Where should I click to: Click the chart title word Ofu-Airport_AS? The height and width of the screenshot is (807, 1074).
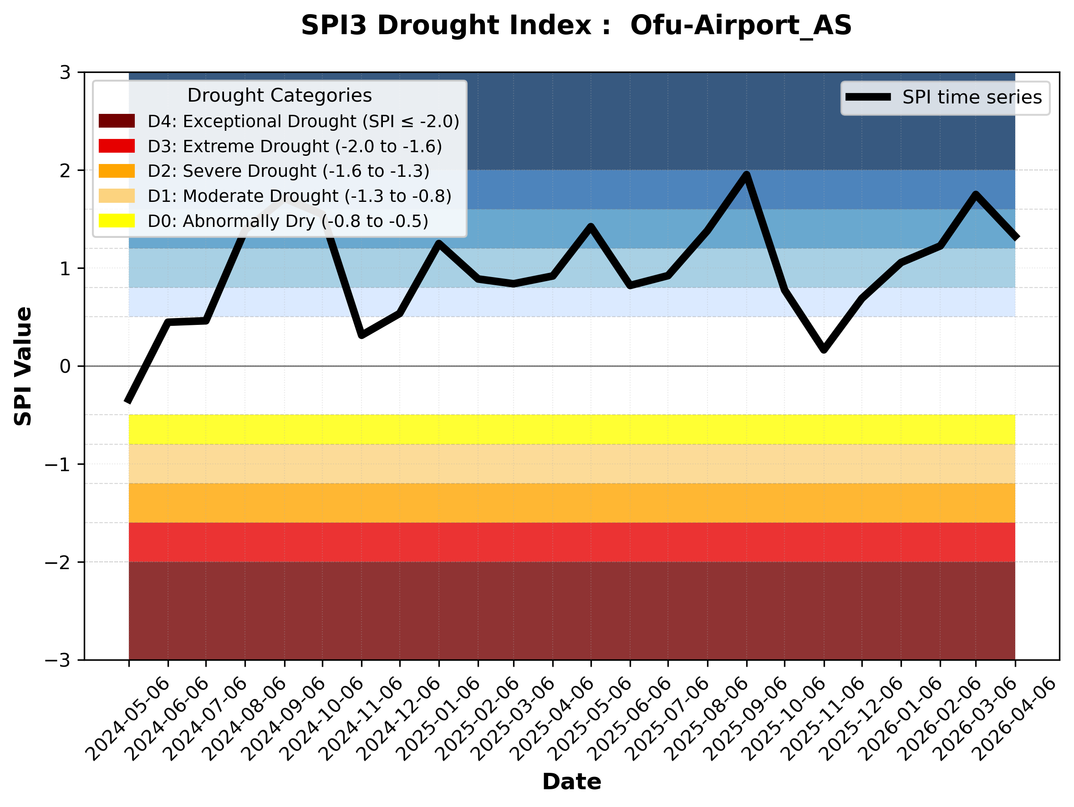[741, 25]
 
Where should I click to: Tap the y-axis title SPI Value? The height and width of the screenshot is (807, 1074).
[23, 366]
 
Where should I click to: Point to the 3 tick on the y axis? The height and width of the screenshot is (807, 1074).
[66, 73]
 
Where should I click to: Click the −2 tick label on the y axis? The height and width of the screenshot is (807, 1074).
[57, 563]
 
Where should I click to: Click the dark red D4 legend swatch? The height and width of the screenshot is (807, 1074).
[117, 121]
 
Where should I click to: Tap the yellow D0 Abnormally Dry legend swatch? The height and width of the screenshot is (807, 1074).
[117, 221]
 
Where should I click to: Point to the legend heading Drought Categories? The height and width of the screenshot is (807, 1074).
[279, 96]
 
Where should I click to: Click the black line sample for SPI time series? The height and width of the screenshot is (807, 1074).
[868, 97]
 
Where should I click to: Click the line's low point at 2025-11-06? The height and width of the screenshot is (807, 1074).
[824, 350]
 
